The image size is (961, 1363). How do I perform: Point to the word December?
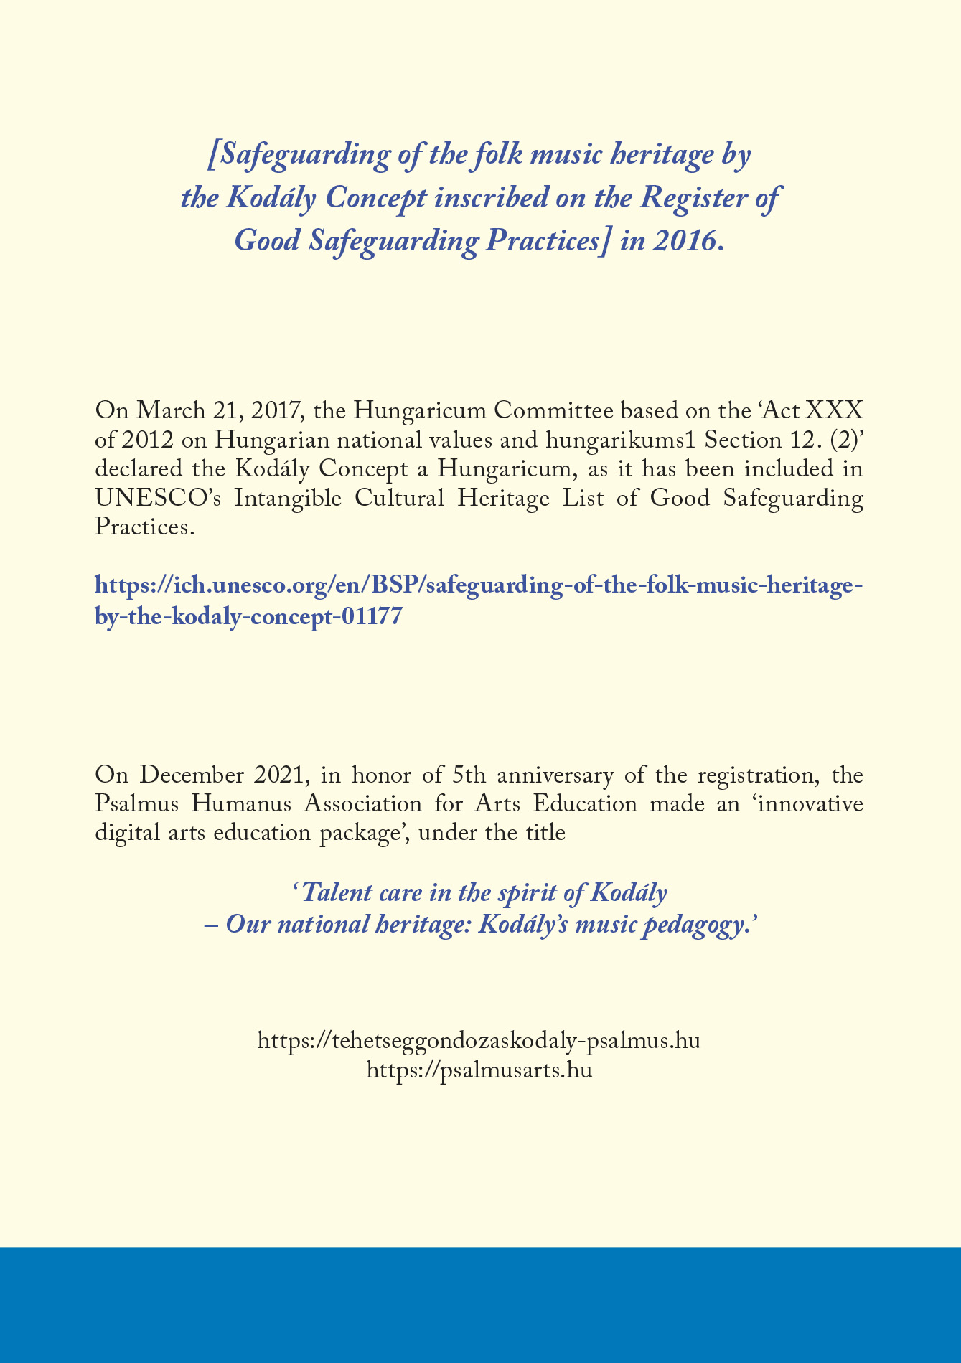[193, 775]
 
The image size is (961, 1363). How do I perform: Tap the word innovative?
[801, 804]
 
